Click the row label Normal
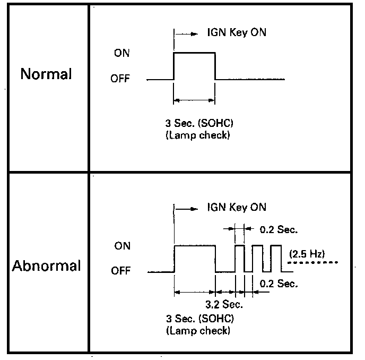coord(46,74)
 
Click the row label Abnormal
coord(46,265)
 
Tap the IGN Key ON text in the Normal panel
coord(236,32)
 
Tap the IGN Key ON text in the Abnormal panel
coord(236,207)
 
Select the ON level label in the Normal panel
coord(121,53)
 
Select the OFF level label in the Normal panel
coord(120,79)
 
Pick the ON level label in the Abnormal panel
coord(121,246)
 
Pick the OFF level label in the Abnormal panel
coord(120,272)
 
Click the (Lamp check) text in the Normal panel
coord(198,135)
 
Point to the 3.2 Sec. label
coord(224,305)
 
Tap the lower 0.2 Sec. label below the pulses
coord(278,284)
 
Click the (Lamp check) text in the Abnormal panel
coord(198,331)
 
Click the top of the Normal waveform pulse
coord(194,53)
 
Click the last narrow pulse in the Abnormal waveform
coord(276,246)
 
